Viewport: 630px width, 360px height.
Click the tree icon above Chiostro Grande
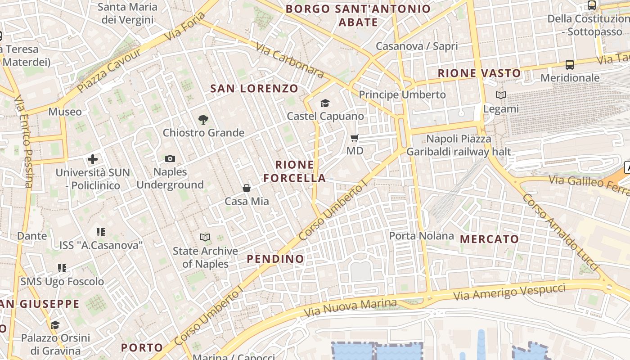pyautogui.click(x=203, y=119)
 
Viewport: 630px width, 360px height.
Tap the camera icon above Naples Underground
pyautogui.click(x=170, y=158)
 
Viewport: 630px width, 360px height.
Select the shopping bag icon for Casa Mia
pyautogui.click(x=247, y=188)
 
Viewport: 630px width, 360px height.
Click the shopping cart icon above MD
pyautogui.click(x=355, y=138)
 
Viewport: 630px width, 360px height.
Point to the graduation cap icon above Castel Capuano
pyautogui.click(x=325, y=103)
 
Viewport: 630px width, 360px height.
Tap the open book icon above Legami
pyautogui.click(x=501, y=95)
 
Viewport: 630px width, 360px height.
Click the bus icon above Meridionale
pyautogui.click(x=570, y=65)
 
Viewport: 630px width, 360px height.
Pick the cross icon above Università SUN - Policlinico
pyautogui.click(x=93, y=159)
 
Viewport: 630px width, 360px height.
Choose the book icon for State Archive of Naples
pyautogui.click(x=205, y=237)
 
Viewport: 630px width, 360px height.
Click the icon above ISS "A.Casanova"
pyautogui.click(x=101, y=232)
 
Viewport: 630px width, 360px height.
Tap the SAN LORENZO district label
pyautogui.click(x=254, y=88)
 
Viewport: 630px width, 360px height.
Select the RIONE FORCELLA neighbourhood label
pyautogui.click(x=295, y=171)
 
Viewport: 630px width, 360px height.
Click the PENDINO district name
pyautogui.click(x=275, y=259)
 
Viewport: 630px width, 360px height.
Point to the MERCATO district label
pyautogui.click(x=490, y=239)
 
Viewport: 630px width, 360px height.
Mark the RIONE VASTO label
pyautogui.click(x=479, y=73)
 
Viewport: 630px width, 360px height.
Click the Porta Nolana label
pyautogui.click(x=421, y=236)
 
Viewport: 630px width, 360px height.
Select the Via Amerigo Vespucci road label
pyautogui.click(x=509, y=292)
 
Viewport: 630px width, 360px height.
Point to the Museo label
pyautogui.click(x=65, y=112)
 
